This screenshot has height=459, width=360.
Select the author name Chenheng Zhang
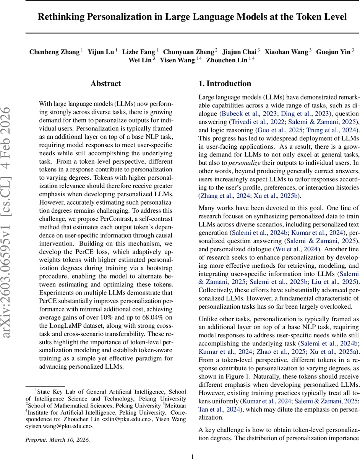click(54, 52)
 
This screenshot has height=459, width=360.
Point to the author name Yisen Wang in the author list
click(177, 60)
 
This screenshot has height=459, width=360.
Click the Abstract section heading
click(105, 83)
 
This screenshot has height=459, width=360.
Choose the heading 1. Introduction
click(225, 83)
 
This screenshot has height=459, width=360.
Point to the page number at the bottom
click(193, 456)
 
